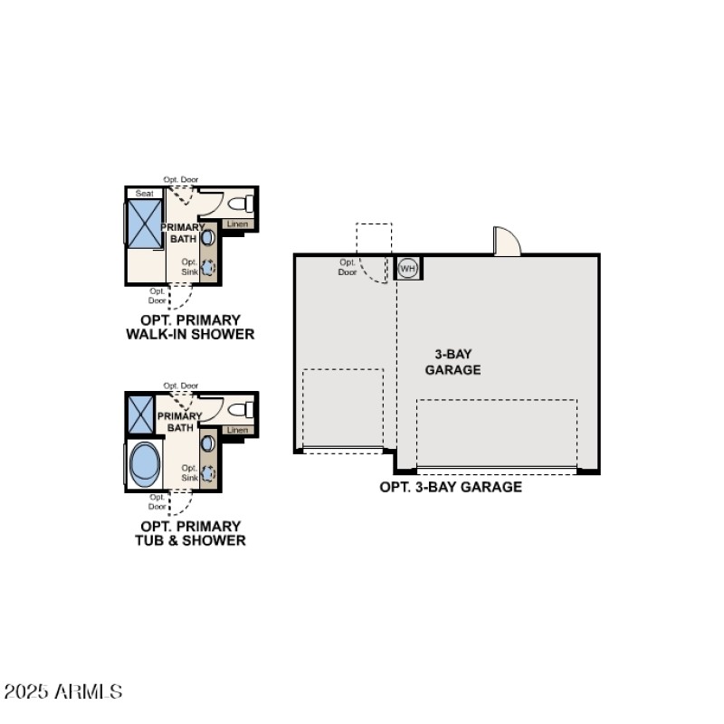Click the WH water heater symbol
[407, 268]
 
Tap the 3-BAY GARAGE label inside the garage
[452, 362]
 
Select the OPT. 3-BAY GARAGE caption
[451, 487]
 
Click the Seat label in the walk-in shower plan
[144, 194]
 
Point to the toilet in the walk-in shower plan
[243, 203]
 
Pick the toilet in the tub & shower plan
[243, 409]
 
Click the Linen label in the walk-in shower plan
[237, 224]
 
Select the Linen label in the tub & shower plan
[237, 430]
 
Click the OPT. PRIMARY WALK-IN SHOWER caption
[190, 327]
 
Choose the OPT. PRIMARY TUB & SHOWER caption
[190, 533]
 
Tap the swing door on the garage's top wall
[507, 242]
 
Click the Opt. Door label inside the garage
[348, 267]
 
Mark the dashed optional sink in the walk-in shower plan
[207, 267]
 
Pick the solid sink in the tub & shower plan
[207, 443]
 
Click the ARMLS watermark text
[62, 692]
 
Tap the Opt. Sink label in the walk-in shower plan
[188, 267]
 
